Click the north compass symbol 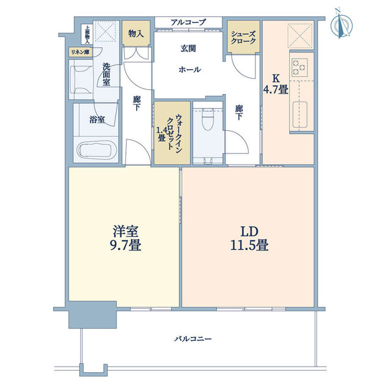pos(341,24)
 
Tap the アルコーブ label pos(189,23)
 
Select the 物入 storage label pos(136,34)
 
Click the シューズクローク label pos(243,37)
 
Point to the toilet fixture pos(208,119)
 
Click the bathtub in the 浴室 pos(95,150)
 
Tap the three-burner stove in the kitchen pos(299,67)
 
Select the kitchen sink pos(300,114)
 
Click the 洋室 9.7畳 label pos(126,238)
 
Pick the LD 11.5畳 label pos(249,238)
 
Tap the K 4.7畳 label pos(276,84)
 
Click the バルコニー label pos(193,338)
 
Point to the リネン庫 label pos(81,53)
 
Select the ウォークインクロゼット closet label pos(170,132)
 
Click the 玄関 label pos(188,48)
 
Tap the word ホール pos(190,69)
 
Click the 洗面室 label pos(106,75)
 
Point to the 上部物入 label pos(87,35)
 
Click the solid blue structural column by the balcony pos(92,315)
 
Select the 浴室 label pos(97,120)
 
